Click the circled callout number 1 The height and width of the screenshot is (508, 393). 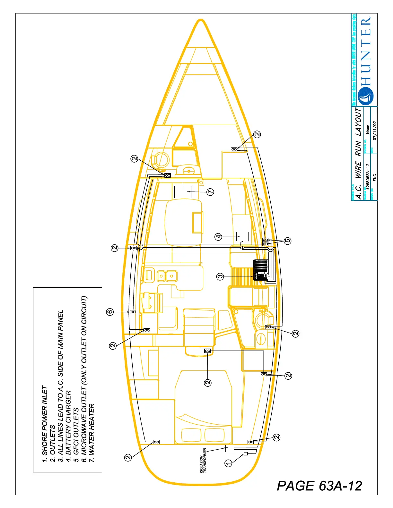pos(228,463)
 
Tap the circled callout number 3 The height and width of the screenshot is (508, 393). pos(220,276)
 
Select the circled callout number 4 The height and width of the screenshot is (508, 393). pos(218,237)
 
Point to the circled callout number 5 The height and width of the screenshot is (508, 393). pos(288,241)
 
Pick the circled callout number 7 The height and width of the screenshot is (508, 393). pos(210,192)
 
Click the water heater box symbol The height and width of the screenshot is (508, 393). pos(183,192)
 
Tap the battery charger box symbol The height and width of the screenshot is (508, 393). pos(242,237)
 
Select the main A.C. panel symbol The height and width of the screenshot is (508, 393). pos(261,270)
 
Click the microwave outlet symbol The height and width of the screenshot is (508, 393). pos(133,312)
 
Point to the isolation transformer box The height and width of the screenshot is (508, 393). pos(230,448)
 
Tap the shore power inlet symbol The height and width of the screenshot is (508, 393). pos(246,453)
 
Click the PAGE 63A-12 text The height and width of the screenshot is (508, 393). pos(319,486)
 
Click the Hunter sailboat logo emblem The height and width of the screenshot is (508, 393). pos(366,96)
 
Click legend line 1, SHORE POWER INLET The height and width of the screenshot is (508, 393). pos(45,424)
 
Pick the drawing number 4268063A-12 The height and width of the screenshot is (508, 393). pos(368,176)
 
